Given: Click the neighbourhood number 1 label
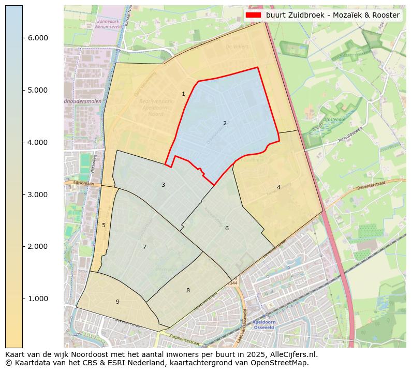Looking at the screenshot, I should pyautogui.click(x=183, y=94).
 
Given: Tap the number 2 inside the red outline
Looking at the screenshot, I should pyautogui.click(x=225, y=123).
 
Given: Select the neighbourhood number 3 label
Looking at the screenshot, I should pyautogui.click(x=163, y=185).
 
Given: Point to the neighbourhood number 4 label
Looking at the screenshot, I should pyautogui.click(x=278, y=187).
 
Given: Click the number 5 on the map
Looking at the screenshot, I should pyautogui.click(x=104, y=225).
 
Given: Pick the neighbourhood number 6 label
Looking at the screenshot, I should pyautogui.click(x=227, y=228).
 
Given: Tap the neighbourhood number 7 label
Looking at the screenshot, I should pyautogui.click(x=144, y=247).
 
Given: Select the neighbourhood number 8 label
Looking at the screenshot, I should pyautogui.click(x=188, y=290).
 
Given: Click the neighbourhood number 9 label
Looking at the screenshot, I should pyautogui.click(x=118, y=302).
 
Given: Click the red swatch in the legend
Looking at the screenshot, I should pyautogui.click(x=254, y=15).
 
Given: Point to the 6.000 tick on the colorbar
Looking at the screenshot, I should pyautogui.click(x=37, y=38).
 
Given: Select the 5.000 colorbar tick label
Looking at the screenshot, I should pyautogui.click(x=37, y=90).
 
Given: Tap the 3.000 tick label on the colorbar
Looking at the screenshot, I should pyautogui.click(x=37, y=195).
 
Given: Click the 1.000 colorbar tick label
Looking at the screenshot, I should pyautogui.click(x=37, y=299).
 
